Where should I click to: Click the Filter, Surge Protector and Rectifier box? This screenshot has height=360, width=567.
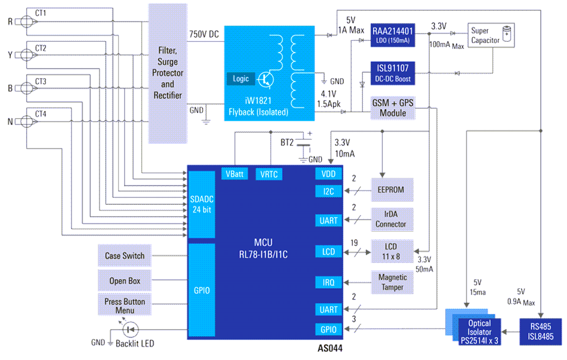(168, 73)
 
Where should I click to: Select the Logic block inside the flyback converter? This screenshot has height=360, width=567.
(241, 79)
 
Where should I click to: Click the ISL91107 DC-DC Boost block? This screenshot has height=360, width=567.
(392, 73)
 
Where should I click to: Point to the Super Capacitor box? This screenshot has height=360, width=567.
(491, 35)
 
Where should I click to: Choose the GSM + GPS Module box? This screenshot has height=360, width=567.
(392, 108)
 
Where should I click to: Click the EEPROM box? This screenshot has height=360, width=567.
(392, 190)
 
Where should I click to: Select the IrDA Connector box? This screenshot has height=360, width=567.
(392, 219)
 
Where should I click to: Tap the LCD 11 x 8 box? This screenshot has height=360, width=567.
(392, 251)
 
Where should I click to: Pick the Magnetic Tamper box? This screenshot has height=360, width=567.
(392, 282)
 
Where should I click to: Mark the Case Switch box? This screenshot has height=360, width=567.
(125, 256)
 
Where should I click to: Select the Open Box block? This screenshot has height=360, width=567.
(125, 281)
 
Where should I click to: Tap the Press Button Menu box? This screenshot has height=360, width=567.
(125, 305)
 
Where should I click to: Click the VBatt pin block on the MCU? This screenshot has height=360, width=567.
(235, 174)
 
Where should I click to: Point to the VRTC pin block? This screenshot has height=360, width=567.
(269, 174)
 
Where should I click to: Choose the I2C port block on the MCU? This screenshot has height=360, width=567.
(328, 191)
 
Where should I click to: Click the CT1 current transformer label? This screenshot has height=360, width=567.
(41, 14)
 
